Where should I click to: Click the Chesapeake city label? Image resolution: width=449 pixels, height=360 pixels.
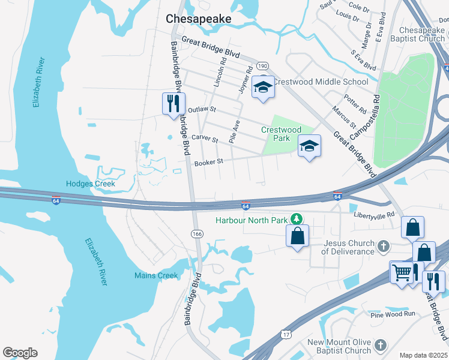click(x=198, y=19)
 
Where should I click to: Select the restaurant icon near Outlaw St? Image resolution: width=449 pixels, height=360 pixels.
click(x=173, y=103)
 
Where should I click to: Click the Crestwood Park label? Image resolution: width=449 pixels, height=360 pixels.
click(x=281, y=134)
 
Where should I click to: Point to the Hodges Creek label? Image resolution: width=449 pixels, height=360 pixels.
click(x=90, y=184)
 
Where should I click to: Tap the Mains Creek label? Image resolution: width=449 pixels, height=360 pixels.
click(x=156, y=275)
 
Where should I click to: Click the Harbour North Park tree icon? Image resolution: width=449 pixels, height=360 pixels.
click(x=295, y=220)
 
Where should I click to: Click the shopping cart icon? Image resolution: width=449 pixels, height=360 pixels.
click(x=402, y=272)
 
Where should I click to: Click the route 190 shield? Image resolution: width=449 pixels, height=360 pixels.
click(x=262, y=65)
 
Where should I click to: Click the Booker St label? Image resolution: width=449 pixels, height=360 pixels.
click(x=208, y=161)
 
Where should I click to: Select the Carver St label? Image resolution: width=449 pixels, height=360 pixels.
click(x=204, y=139)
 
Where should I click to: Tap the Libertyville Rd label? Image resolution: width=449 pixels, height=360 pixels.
click(x=374, y=214)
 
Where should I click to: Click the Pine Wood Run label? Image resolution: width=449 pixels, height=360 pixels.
click(x=393, y=314)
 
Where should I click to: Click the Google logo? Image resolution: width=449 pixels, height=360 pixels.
click(x=20, y=353)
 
